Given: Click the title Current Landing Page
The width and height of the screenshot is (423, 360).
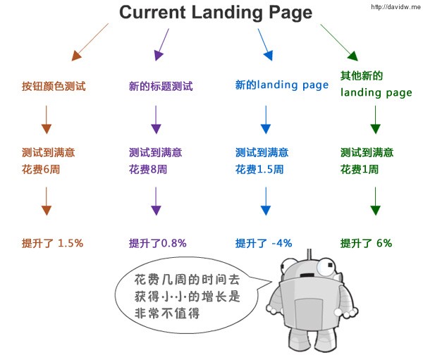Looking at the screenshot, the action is pos(216,13).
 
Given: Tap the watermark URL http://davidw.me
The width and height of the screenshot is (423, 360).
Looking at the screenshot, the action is pos(396,6).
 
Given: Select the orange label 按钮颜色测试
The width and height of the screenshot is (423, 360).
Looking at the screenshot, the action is pos(54,86).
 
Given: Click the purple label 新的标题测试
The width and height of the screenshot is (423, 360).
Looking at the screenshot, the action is pos(161,86).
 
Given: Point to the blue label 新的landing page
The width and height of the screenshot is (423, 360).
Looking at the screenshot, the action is pos(282,85).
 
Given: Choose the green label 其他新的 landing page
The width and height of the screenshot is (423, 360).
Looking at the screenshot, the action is pos(376,84).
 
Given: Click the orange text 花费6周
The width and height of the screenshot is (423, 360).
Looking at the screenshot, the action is pos(41,169).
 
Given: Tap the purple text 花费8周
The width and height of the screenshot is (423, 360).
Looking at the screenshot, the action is pos(148,169).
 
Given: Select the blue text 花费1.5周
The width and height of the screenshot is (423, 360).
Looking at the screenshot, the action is pos(259,169).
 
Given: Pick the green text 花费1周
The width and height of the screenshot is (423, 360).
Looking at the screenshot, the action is pos(360,169).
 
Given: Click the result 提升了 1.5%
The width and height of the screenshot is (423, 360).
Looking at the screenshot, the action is pos(52,243).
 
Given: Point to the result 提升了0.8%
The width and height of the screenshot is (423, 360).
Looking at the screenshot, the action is pos(157,243).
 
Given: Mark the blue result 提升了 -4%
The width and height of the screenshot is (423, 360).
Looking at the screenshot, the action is pos(264,243).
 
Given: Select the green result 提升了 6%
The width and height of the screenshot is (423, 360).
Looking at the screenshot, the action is pos(366,243).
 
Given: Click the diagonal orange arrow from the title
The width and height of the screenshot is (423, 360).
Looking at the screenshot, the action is pos(90,42).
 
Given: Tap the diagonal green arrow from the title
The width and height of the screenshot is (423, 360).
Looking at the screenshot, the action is pos(339,42).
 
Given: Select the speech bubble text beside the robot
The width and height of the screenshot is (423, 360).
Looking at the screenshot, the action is pos(187,297).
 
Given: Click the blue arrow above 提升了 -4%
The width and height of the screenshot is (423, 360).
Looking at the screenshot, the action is pos(266,201).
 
